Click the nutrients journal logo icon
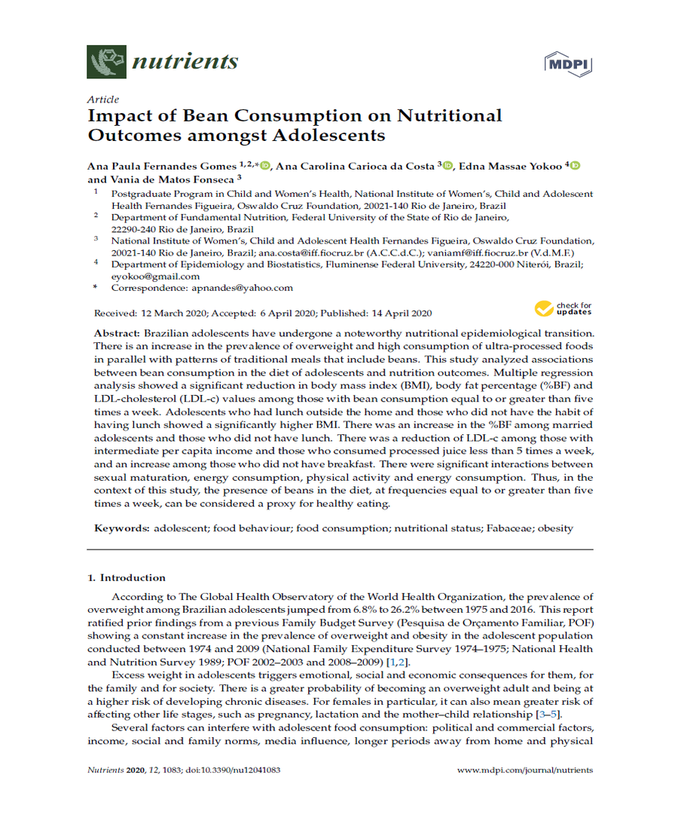pyautogui.click(x=106, y=62)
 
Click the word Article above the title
pyautogui.click(x=102, y=99)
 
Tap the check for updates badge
pyautogui.click(x=563, y=308)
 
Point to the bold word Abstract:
pyautogui.click(x=117, y=333)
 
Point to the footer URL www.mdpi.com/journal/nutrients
pyautogui.click(x=525, y=770)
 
